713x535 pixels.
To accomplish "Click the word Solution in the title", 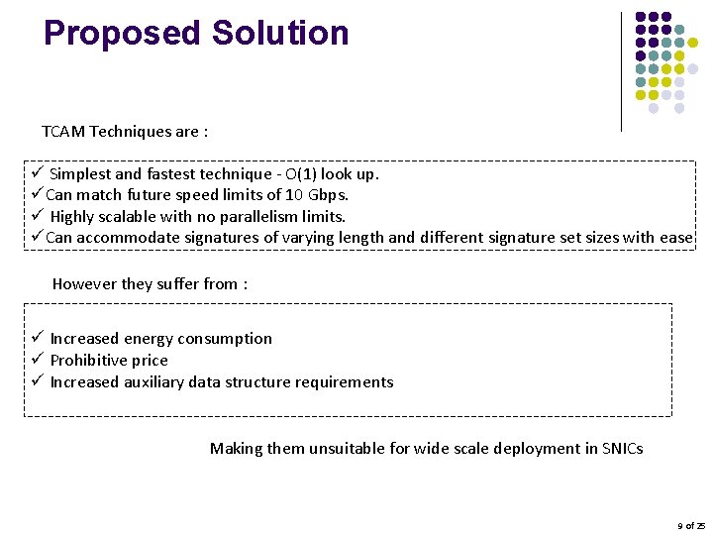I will click(279, 33).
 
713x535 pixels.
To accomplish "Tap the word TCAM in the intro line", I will click(61, 131).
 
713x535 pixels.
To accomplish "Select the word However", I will click(84, 283).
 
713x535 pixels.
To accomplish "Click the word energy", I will click(153, 339).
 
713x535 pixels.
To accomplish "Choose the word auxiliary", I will click(158, 382).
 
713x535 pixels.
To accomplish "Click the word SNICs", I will click(623, 449).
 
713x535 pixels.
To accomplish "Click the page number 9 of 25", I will click(691, 525).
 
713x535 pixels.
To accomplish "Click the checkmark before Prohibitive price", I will click(36, 360).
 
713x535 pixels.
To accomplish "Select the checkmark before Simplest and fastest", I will click(36, 173).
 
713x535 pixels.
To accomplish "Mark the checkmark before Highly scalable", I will click(36, 215).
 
